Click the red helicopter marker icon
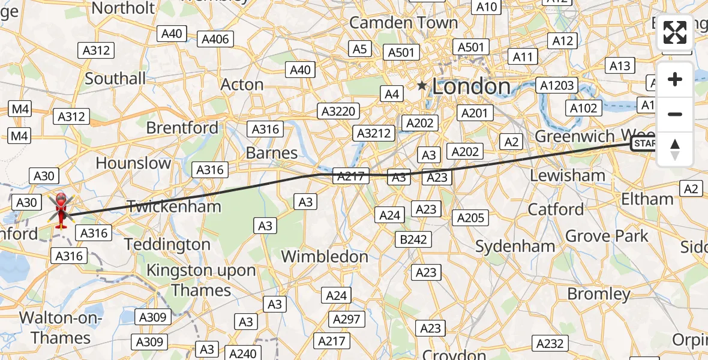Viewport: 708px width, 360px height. tap(61, 209)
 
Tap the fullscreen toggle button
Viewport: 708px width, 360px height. tap(675, 32)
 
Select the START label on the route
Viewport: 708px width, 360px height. tap(644, 143)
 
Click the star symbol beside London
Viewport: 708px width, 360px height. tap(422, 86)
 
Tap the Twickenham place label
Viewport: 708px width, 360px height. tap(174, 206)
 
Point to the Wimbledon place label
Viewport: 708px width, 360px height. tap(325, 256)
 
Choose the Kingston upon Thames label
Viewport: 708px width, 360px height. tap(201, 280)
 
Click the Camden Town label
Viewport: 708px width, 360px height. tap(403, 23)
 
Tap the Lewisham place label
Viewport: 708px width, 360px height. tap(568, 175)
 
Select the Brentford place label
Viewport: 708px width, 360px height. tap(182, 128)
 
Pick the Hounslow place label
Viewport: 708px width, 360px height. tap(133, 163)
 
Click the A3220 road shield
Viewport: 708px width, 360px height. tap(340, 111)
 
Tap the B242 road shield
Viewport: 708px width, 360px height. tap(413, 239)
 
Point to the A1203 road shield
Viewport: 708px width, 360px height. tap(557, 86)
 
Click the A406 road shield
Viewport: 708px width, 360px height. tap(216, 40)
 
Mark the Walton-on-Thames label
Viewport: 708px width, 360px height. tap(61, 328)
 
